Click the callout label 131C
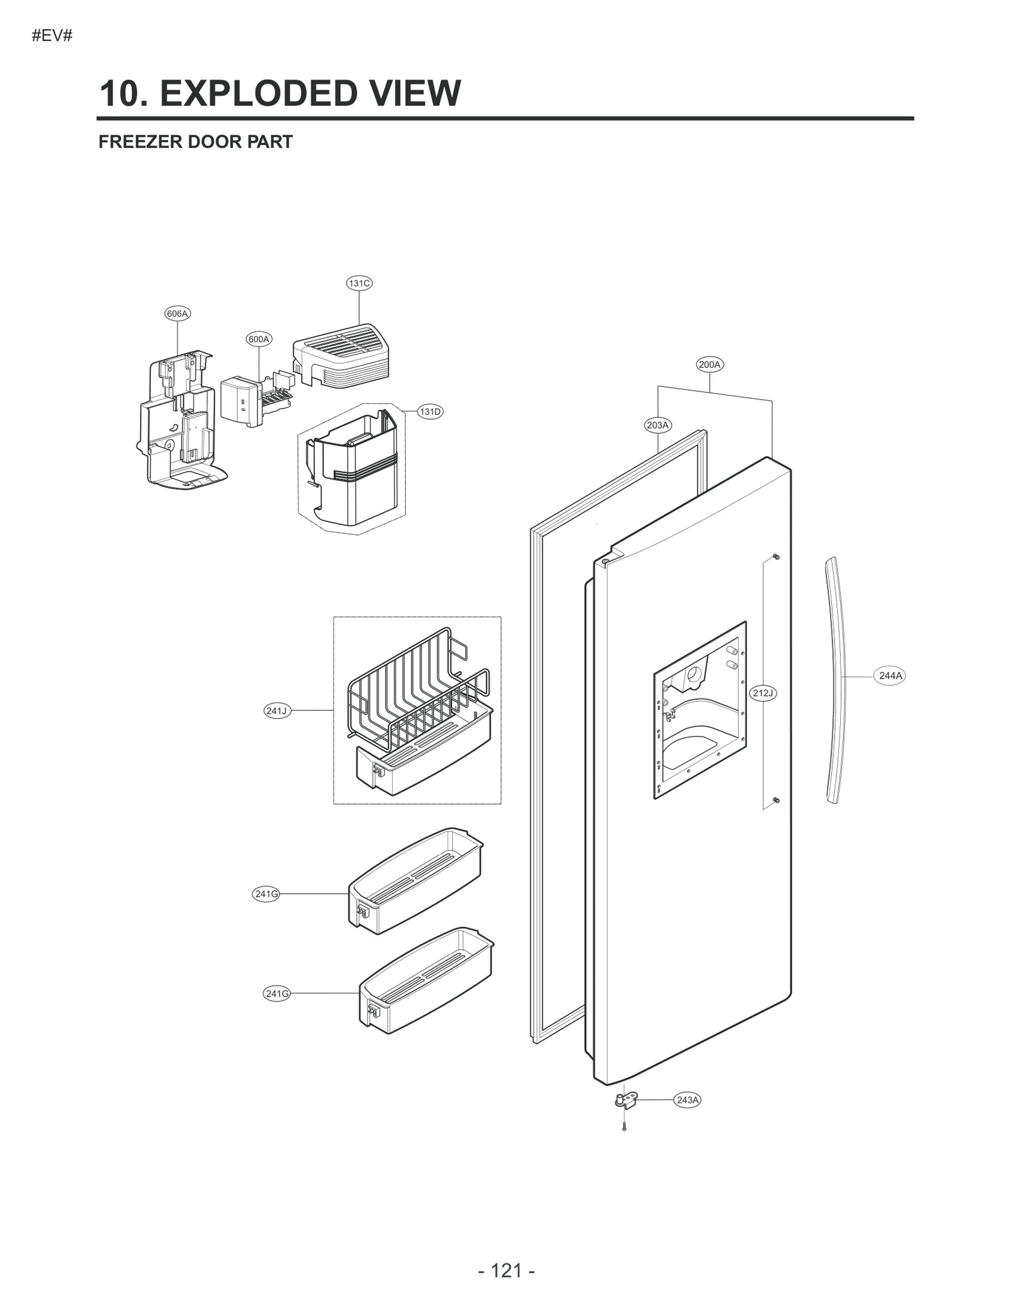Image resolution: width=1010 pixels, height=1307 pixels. tap(359, 283)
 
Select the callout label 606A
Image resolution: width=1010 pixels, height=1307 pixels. tap(177, 314)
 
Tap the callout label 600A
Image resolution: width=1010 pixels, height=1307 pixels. tap(259, 339)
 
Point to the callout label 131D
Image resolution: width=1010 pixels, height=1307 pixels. tap(431, 411)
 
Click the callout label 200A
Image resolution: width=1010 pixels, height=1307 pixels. tap(710, 364)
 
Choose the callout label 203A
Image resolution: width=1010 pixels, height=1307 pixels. tap(658, 425)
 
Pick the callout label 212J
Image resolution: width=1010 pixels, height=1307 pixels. tap(763, 693)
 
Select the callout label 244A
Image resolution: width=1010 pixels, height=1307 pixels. tap(891, 675)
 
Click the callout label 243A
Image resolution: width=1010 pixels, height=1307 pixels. tap(687, 1100)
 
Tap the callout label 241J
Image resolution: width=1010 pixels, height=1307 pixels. tap(276, 711)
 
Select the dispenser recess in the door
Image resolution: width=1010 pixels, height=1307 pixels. tap(699, 710)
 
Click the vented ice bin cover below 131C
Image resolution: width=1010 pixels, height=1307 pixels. tap(342, 354)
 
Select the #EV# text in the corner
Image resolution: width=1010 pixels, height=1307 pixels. tap(52, 36)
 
